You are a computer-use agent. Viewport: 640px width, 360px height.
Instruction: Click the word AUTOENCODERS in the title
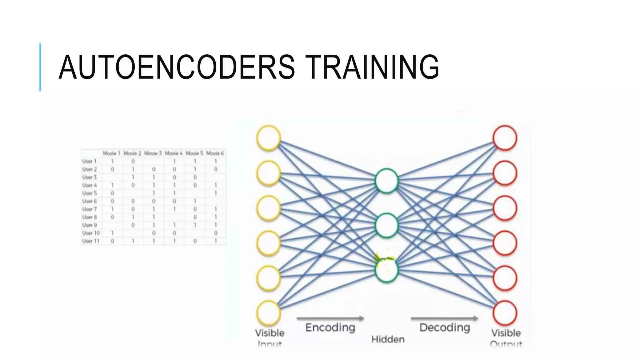click(x=177, y=67)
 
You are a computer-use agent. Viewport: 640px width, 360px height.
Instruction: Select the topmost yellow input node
click(x=268, y=138)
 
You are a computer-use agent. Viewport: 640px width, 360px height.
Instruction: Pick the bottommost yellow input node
click(x=268, y=313)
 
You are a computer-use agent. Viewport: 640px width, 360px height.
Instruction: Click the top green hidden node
click(x=387, y=181)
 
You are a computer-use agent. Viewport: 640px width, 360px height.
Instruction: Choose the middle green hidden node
click(x=387, y=225)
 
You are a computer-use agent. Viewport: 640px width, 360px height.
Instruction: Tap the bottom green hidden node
click(x=387, y=269)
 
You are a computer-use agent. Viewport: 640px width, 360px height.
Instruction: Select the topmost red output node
click(x=505, y=138)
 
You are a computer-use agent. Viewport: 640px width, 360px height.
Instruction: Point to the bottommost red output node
click(x=505, y=313)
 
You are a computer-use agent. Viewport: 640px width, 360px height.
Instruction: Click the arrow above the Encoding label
click(x=330, y=318)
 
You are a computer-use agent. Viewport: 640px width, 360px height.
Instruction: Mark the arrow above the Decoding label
click(x=444, y=318)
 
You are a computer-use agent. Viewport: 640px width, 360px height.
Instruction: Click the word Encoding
click(x=330, y=327)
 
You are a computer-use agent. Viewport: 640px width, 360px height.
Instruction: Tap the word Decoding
click(x=445, y=327)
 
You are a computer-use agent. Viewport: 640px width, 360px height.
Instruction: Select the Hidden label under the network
click(x=388, y=339)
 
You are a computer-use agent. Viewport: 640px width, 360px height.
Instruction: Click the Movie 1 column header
click(x=112, y=153)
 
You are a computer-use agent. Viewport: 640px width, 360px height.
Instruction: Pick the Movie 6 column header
click(x=215, y=153)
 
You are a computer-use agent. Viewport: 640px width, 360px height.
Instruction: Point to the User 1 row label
click(x=89, y=161)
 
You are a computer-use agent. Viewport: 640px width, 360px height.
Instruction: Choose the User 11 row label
click(x=91, y=241)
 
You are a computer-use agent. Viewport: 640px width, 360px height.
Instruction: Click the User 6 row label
click(x=89, y=201)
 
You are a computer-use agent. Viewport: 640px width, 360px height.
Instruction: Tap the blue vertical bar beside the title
click(x=40, y=67)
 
